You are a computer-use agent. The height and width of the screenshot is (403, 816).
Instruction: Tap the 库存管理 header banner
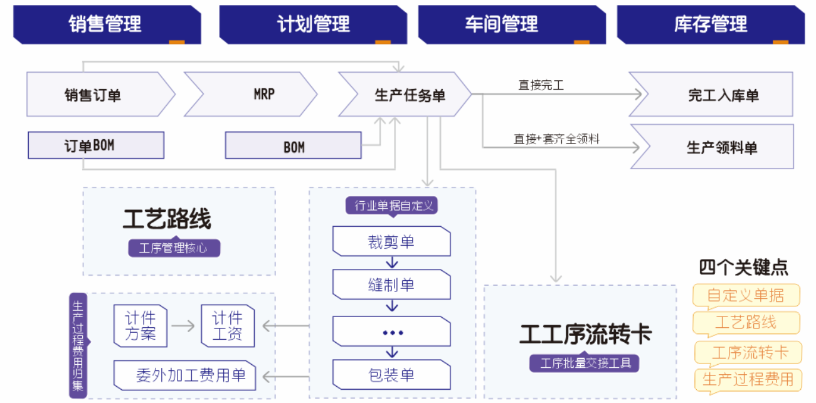point(711,24)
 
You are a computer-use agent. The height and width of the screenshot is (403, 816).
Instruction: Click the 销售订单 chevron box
point(94,95)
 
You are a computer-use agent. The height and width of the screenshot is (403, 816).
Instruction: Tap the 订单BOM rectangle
point(96,145)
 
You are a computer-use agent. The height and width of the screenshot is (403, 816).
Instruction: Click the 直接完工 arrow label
point(541,85)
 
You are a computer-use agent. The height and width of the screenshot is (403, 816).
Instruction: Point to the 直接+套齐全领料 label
point(556,139)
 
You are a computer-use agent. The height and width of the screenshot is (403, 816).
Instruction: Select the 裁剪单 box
point(391,242)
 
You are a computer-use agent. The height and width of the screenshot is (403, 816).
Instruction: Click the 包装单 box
point(391,375)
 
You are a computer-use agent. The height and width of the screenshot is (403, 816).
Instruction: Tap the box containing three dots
point(391,332)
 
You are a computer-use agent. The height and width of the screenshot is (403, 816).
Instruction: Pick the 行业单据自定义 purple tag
point(391,206)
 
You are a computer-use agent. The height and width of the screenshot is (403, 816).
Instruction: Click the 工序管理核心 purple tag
point(174,248)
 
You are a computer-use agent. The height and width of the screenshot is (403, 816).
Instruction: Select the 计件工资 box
point(228,326)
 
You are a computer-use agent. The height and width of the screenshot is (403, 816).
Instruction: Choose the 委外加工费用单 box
point(185,375)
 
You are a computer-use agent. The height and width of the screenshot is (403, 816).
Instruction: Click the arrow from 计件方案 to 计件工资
point(183,326)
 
